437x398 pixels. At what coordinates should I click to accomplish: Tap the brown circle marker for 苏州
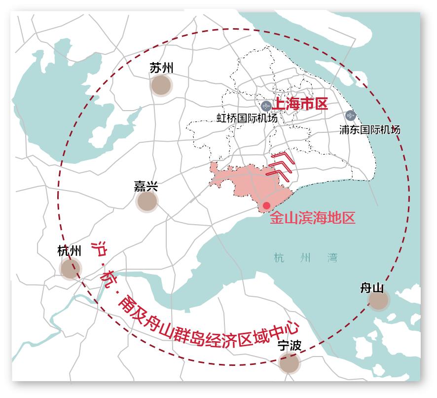point(161,85)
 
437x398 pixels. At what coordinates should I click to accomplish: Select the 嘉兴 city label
point(146,186)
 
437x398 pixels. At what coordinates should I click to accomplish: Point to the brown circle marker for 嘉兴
point(147,201)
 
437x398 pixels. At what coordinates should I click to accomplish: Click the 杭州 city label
point(69,251)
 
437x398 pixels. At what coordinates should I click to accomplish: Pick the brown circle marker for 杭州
point(70,269)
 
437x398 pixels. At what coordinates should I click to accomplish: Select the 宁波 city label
point(289,346)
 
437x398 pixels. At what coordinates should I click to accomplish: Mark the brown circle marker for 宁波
point(289,363)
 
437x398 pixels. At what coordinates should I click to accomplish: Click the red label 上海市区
point(300,104)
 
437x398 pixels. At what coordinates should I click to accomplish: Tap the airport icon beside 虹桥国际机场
point(266,106)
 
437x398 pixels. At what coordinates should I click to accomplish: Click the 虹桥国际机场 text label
point(247,119)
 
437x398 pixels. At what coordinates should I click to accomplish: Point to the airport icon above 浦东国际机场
point(351,116)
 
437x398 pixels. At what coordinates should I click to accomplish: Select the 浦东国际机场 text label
point(369,130)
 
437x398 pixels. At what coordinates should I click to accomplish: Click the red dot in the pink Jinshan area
point(266,205)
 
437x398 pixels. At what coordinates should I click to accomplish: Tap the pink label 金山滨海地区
point(312,218)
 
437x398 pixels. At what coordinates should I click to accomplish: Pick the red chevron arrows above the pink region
point(282,166)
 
